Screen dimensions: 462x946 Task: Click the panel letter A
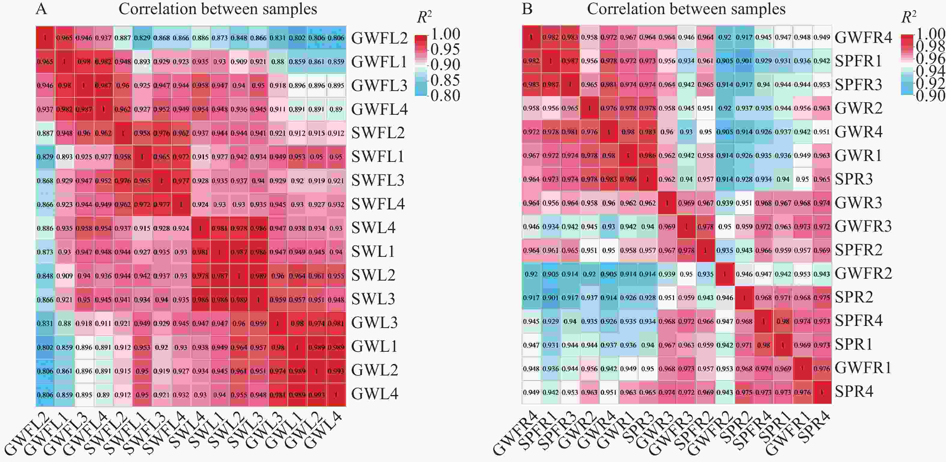pos(41,9)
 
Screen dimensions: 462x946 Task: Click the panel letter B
pos(527,9)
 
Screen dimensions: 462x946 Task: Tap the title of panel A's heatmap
pos(217,9)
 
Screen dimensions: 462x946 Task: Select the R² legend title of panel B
pos(909,17)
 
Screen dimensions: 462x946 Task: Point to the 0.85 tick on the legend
pos(445,80)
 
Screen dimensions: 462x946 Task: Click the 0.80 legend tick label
pos(445,96)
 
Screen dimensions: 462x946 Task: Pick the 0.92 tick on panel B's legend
pos(931,83)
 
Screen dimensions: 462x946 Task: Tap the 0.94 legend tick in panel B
pos(931,71)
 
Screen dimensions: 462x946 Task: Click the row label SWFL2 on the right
pos(378,133)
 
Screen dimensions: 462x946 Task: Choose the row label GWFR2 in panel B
pos(863,274)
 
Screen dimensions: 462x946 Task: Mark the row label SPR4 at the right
pos(854,392)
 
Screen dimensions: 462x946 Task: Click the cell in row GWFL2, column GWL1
pos(297,38)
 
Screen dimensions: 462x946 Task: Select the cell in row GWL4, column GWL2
pos(317,395)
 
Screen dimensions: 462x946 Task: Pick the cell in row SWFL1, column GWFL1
pos(65,157)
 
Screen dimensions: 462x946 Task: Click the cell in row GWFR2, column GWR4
pos(609,274)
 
